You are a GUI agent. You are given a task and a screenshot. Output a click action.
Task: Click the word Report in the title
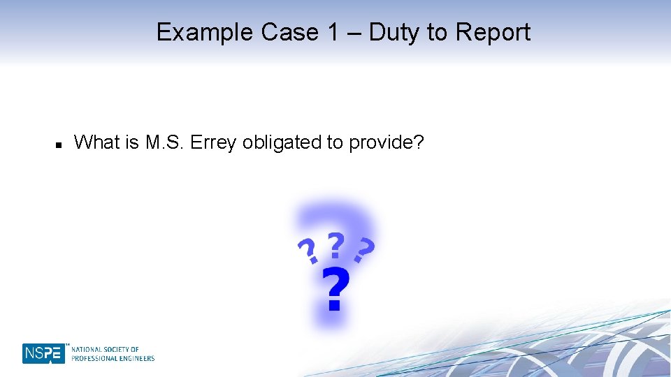(493, 32)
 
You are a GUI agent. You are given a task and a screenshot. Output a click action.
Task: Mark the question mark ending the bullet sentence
(419, 142)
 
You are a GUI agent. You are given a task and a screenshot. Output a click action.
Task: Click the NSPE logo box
(43, 353)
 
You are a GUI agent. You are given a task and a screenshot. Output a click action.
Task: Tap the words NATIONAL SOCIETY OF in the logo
(105, 349)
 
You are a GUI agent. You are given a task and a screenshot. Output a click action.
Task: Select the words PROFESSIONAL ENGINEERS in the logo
(113, 358)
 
